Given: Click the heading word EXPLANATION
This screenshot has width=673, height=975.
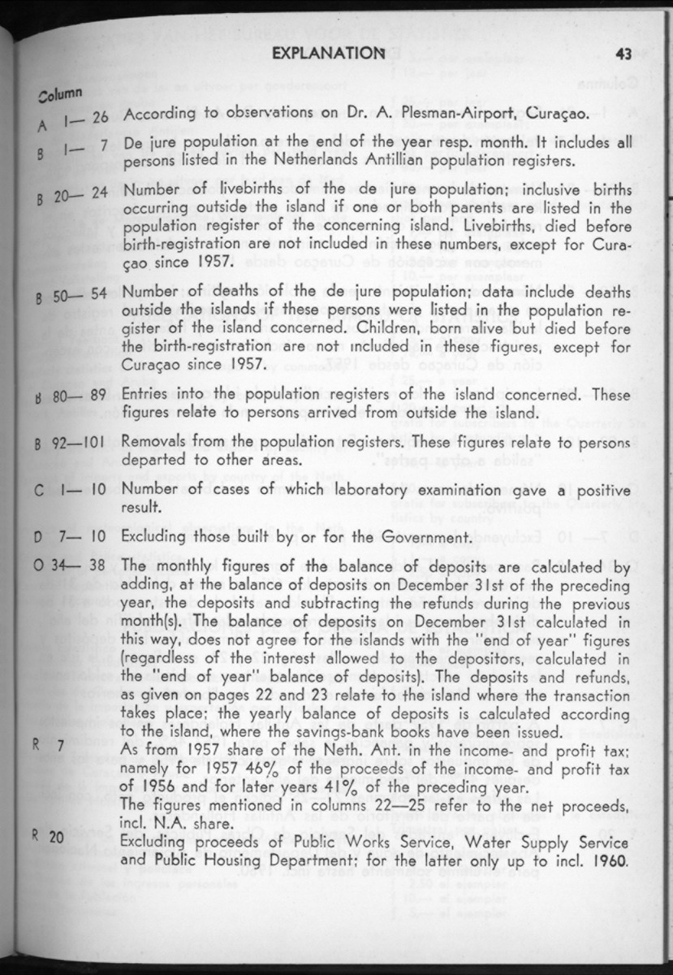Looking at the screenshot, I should [x=327, y=54].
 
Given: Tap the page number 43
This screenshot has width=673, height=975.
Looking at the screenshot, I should [x=623, y=54].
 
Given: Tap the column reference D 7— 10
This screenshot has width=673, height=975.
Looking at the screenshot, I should [x=72, y=537].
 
